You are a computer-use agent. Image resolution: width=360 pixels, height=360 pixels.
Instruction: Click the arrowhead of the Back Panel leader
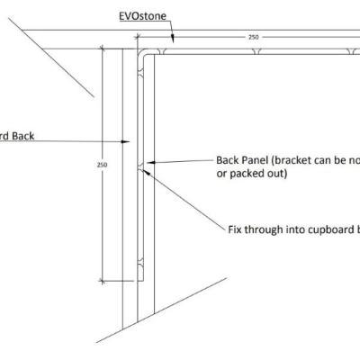148,163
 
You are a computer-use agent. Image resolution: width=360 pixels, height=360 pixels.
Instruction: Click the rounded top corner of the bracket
142,49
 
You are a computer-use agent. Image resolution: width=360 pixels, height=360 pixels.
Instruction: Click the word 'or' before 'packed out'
221,175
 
